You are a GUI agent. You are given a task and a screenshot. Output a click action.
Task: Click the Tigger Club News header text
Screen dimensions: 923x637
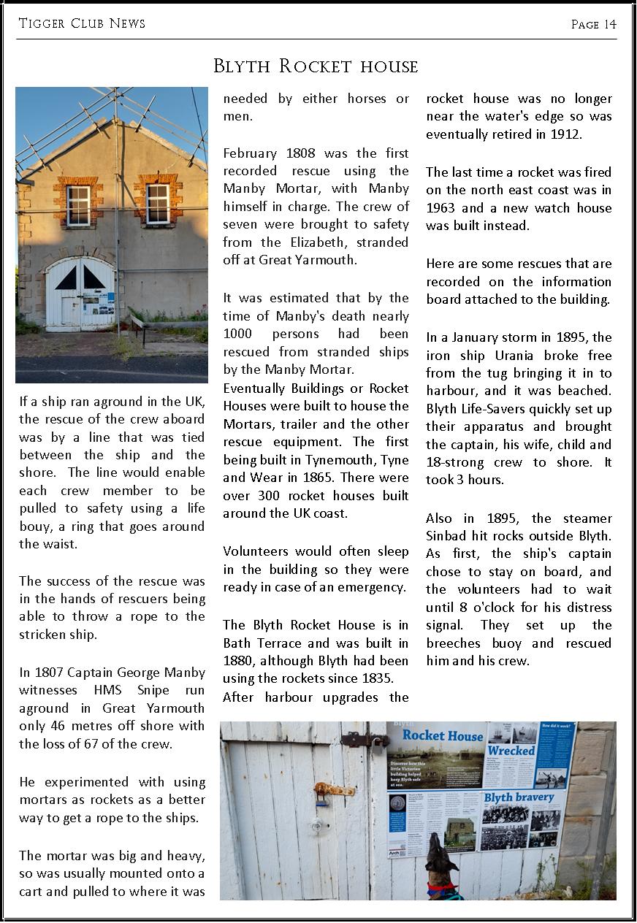(82, 23)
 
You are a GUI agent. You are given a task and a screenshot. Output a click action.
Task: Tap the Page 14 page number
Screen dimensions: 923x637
(593, 24)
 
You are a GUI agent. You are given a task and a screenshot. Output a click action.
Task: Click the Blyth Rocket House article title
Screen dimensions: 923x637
(316, 66)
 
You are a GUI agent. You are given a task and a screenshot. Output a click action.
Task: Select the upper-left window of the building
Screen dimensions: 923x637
(78, 205)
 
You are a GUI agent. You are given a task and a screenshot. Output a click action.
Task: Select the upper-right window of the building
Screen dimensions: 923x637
(157, 203)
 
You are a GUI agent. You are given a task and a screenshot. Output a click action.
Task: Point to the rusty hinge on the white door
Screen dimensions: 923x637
(334, 789)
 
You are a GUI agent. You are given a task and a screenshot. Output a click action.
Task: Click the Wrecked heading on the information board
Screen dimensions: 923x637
(511, 750)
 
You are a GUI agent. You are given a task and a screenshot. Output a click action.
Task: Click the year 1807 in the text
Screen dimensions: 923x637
(51, 673)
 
